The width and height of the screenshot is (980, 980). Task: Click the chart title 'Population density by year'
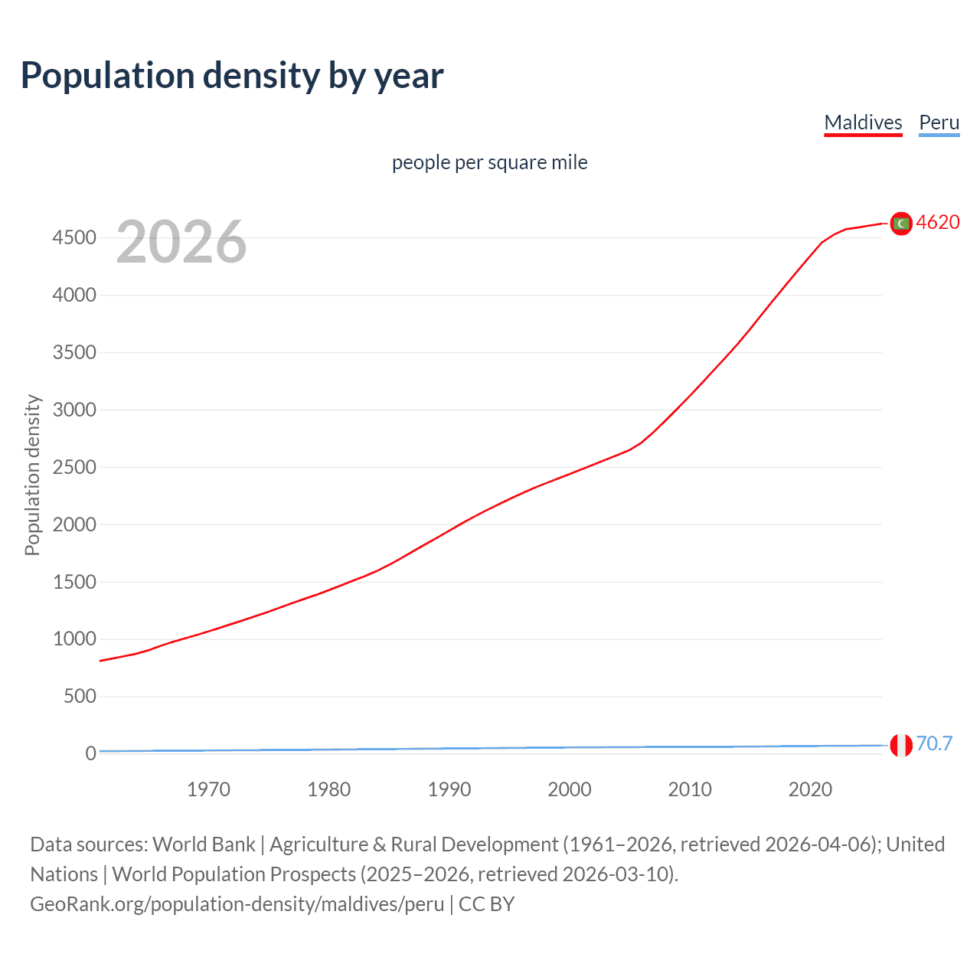pos(232,76)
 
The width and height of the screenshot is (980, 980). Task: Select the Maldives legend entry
pos(863,122)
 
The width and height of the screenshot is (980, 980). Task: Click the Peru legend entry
pos(939,122)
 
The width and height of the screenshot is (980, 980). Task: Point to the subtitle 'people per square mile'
pos(489,162)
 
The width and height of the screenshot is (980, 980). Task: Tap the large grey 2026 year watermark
pos(181,242)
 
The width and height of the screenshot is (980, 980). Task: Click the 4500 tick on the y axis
pos(74,238)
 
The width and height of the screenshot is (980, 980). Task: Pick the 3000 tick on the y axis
pos(74,410)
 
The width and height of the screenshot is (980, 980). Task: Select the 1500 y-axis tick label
pos(74,582)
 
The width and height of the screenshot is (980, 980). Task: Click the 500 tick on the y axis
pos(80,696)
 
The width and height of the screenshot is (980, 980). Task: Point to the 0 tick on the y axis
pos(90,753)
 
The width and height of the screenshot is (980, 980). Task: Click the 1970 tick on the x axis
pos(208,789)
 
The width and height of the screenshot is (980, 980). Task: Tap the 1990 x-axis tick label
pos(449,789)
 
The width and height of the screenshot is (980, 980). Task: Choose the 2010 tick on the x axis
pos(690,789)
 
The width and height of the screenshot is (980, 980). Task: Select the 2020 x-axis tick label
pos(810,789)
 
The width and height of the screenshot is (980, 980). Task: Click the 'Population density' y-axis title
pos(32,475)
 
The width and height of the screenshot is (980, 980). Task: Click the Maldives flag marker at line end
pos(901,224)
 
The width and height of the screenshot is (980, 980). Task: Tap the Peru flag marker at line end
pos(901,744)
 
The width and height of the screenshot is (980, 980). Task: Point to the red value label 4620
pos(938,222)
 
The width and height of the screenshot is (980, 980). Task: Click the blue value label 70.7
pos(934,743)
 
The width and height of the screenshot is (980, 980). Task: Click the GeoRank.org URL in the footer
pos(237,904)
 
